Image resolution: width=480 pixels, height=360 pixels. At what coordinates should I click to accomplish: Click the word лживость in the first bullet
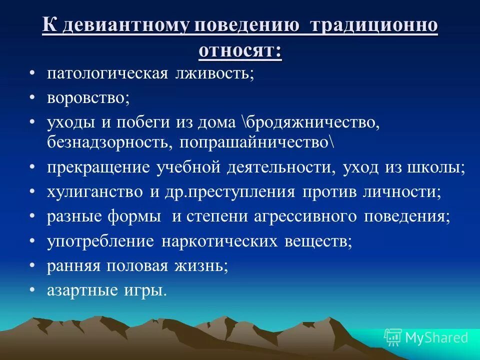[x=215, y=73]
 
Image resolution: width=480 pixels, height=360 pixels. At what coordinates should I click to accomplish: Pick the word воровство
[x=88, y=98]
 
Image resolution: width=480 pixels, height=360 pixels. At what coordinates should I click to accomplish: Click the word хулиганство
[x=92, y=192]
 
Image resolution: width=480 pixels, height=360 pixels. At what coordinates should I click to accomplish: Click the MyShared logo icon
[x=392, y=337]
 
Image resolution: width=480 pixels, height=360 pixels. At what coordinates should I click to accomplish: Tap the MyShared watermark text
[x=436, y=338]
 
